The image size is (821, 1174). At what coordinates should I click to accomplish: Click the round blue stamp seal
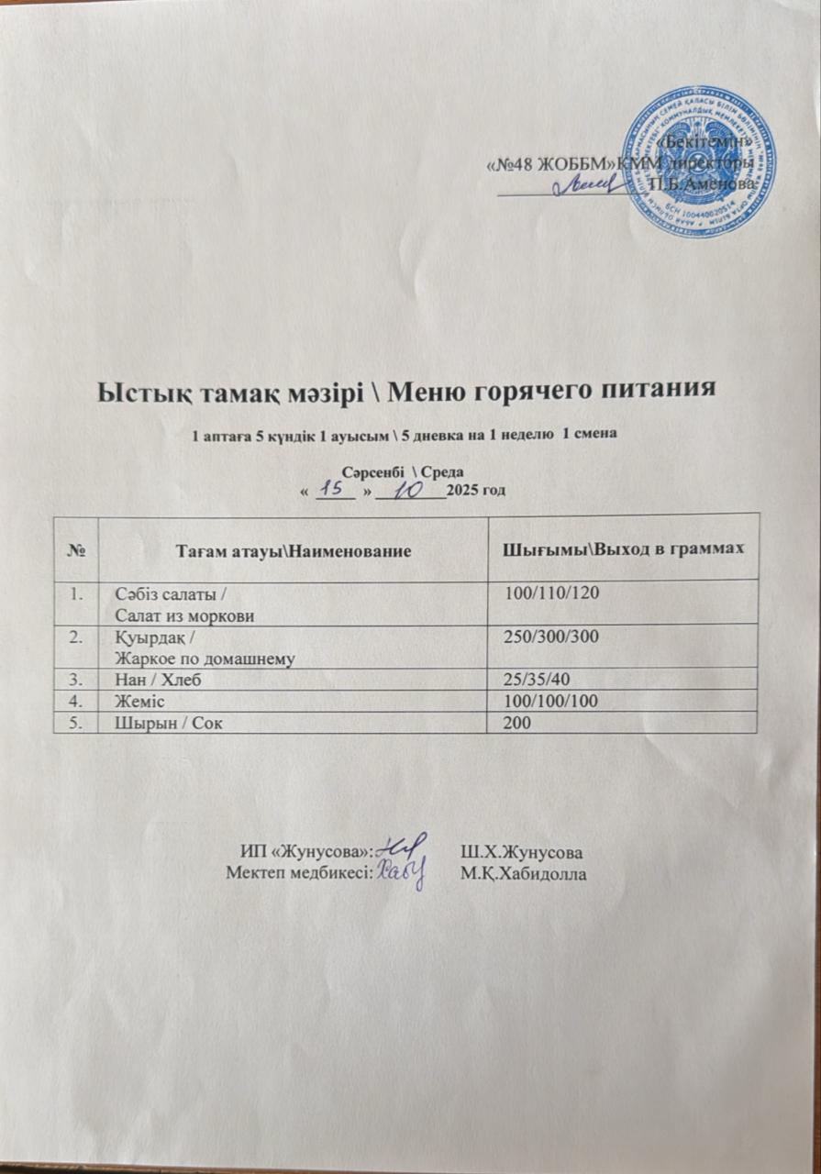tap(697, 158)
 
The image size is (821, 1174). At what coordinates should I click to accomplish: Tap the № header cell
tap(78, 549)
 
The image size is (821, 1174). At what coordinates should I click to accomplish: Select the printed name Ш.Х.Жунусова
tap(523, 850)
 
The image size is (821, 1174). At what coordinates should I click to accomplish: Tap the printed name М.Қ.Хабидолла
tap(525, 872)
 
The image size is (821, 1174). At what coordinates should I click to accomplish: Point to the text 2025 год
tap(475, 492)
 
